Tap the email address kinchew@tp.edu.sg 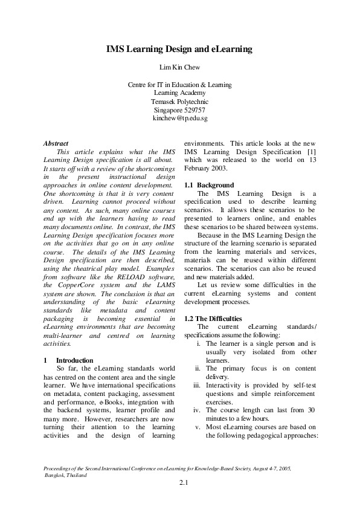tap(179, 119)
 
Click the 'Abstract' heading tap(56, 143)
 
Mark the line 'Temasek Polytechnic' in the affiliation tap(179, 102)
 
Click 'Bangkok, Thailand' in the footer tap(66, 475)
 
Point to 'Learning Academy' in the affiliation tap(179, 93)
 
